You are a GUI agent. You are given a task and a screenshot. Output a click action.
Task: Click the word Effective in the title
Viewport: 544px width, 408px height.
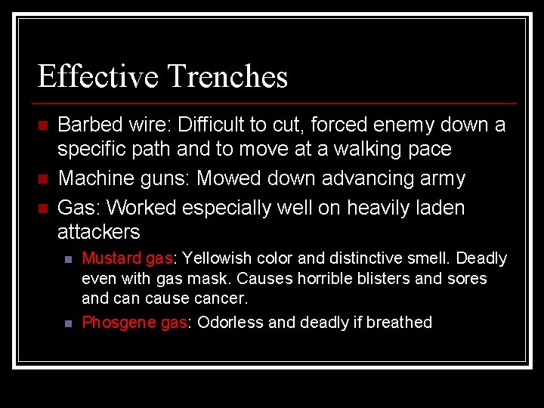tap(97, 77)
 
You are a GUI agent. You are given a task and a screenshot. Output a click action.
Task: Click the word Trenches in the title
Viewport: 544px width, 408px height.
tap(227, 77)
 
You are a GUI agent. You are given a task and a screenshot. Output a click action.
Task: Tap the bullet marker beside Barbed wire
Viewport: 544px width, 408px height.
tap(43, 125)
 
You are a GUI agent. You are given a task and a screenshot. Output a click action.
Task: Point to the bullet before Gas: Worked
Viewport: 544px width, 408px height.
tap(43, 208)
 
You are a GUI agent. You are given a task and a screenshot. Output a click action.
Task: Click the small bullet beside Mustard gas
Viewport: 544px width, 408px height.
tap(68, 259)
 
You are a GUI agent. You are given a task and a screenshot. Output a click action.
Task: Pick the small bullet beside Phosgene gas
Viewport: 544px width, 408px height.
tap(68, 323)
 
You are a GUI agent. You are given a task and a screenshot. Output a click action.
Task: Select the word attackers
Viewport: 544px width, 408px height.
tap(98, 232)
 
